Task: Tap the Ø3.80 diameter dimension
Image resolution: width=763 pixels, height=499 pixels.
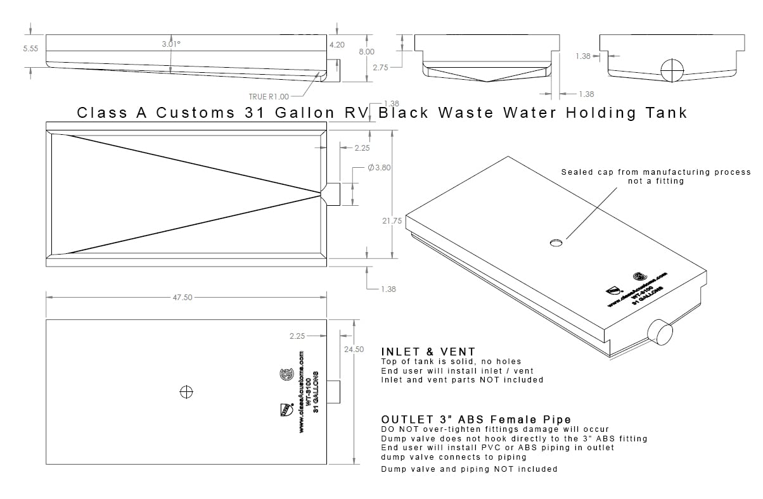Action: click(x=379, y=168)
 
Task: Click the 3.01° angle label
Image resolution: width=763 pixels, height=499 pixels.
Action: click(x=171, y=44)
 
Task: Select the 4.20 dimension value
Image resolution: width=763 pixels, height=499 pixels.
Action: click(x=337, y=45)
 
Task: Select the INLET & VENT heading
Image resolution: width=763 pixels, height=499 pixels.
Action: click(x=428, y=351)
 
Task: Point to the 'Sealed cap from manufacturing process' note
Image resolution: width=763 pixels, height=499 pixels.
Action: click(x=655, y=172)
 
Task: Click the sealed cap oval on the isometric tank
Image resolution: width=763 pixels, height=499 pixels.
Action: click(x=556, y=243)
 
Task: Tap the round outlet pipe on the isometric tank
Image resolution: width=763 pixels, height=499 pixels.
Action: click(x=660, y=331)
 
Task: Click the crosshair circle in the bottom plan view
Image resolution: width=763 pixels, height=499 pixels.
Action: click(x=186, y=392)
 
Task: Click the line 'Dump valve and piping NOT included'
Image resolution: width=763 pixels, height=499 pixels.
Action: click(x=469, y=469)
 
